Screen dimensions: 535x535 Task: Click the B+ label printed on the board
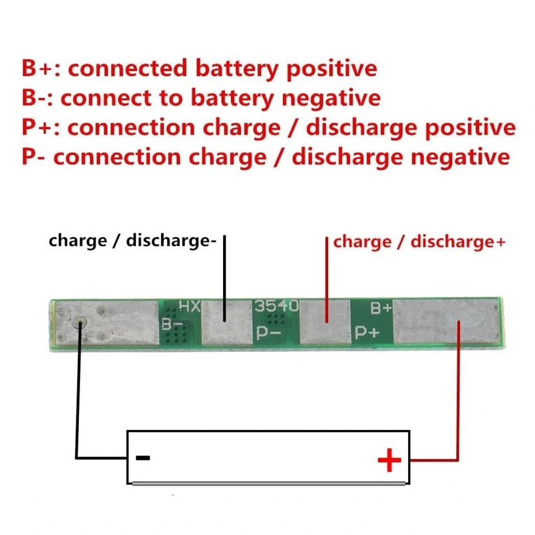pos(381,308)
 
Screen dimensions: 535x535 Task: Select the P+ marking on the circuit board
pos(366,333)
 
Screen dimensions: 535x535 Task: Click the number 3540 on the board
pos(276,306)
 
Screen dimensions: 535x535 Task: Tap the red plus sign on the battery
pos(390,460)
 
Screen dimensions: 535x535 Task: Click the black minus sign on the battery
pos(143,458)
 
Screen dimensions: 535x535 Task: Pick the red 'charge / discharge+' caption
pos(420,242)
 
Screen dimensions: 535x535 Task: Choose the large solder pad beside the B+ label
pos(444,322)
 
